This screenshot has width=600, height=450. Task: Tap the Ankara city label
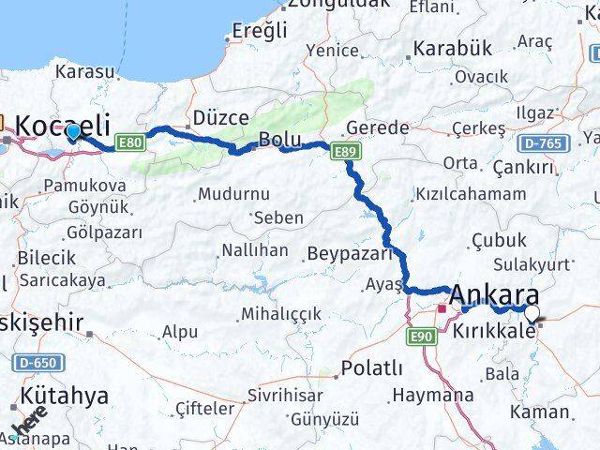pyautogui.click(x=492, y=295)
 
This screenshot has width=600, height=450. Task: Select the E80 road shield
pyautogui.click(x=129, y=142)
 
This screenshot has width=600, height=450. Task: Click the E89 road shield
pyautogui.click(x=344, y=149)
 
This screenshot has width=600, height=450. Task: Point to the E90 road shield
pyautogui.click(x=418, y=335)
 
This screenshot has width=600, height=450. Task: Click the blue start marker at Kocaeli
pyautogui.click(x=73, y=132)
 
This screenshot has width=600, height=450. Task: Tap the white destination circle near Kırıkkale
pyautogui.click(x=532, y=314)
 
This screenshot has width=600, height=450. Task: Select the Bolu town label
pyautogui.click(x=279, y=140)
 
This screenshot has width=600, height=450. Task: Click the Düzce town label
pyautogui.click(x=220, y=118)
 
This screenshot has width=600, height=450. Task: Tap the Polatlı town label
pyautogui.click(x=372, y=367)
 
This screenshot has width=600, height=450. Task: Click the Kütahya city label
pyautogui.click(x=63, y=395)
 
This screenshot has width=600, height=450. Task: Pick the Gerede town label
pyautogui.click(x=377, y=127)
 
